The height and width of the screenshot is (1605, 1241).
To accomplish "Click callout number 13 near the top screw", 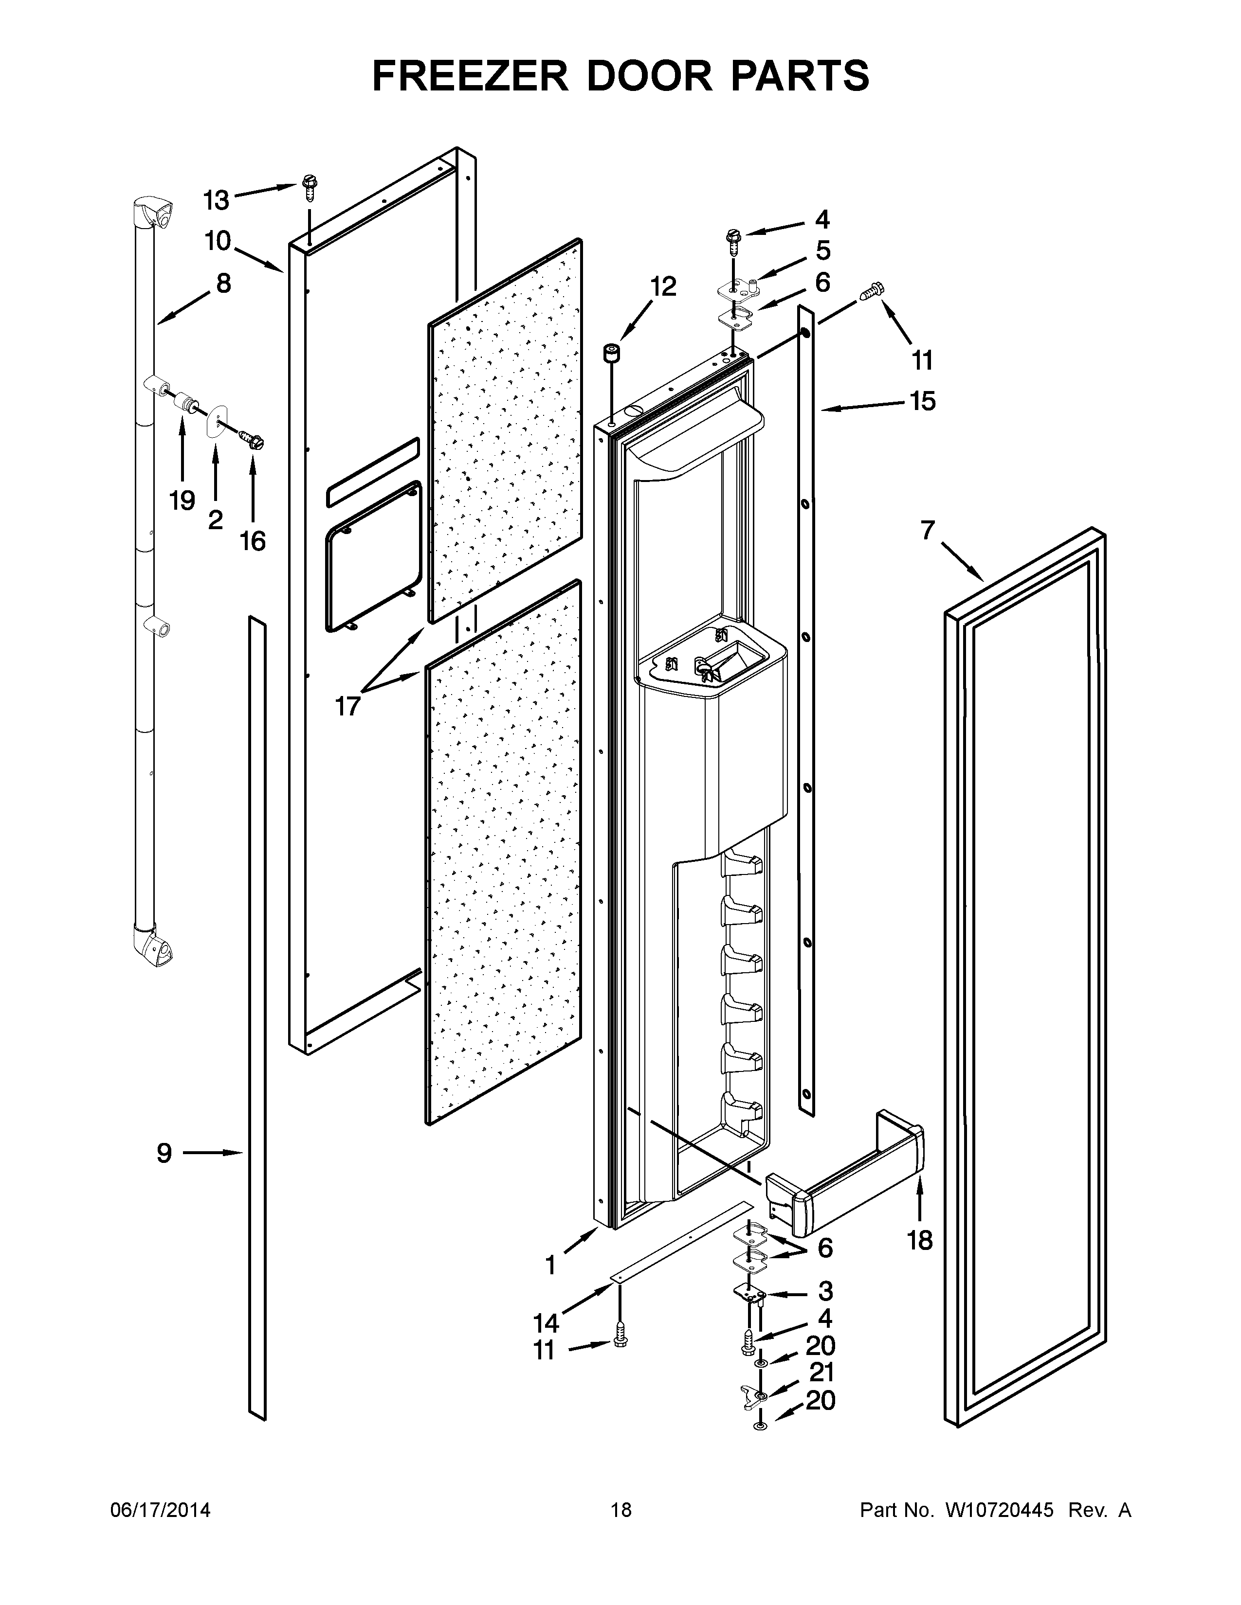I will point(216,200).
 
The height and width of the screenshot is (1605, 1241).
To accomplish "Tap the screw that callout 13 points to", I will point(308,189).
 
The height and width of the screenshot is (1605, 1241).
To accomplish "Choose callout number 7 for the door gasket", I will point(928,530).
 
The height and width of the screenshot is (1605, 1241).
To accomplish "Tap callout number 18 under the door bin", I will point(920,1241).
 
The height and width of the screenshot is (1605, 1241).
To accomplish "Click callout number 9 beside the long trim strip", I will point(164,1153).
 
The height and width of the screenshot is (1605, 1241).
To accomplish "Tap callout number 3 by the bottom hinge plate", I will point(825,1290).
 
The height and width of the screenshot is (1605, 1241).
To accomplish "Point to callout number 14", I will point(546,1323).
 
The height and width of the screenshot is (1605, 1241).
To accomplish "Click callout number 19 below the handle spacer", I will point(182,500).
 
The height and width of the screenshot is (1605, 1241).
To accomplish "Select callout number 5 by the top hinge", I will point(822,250).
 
